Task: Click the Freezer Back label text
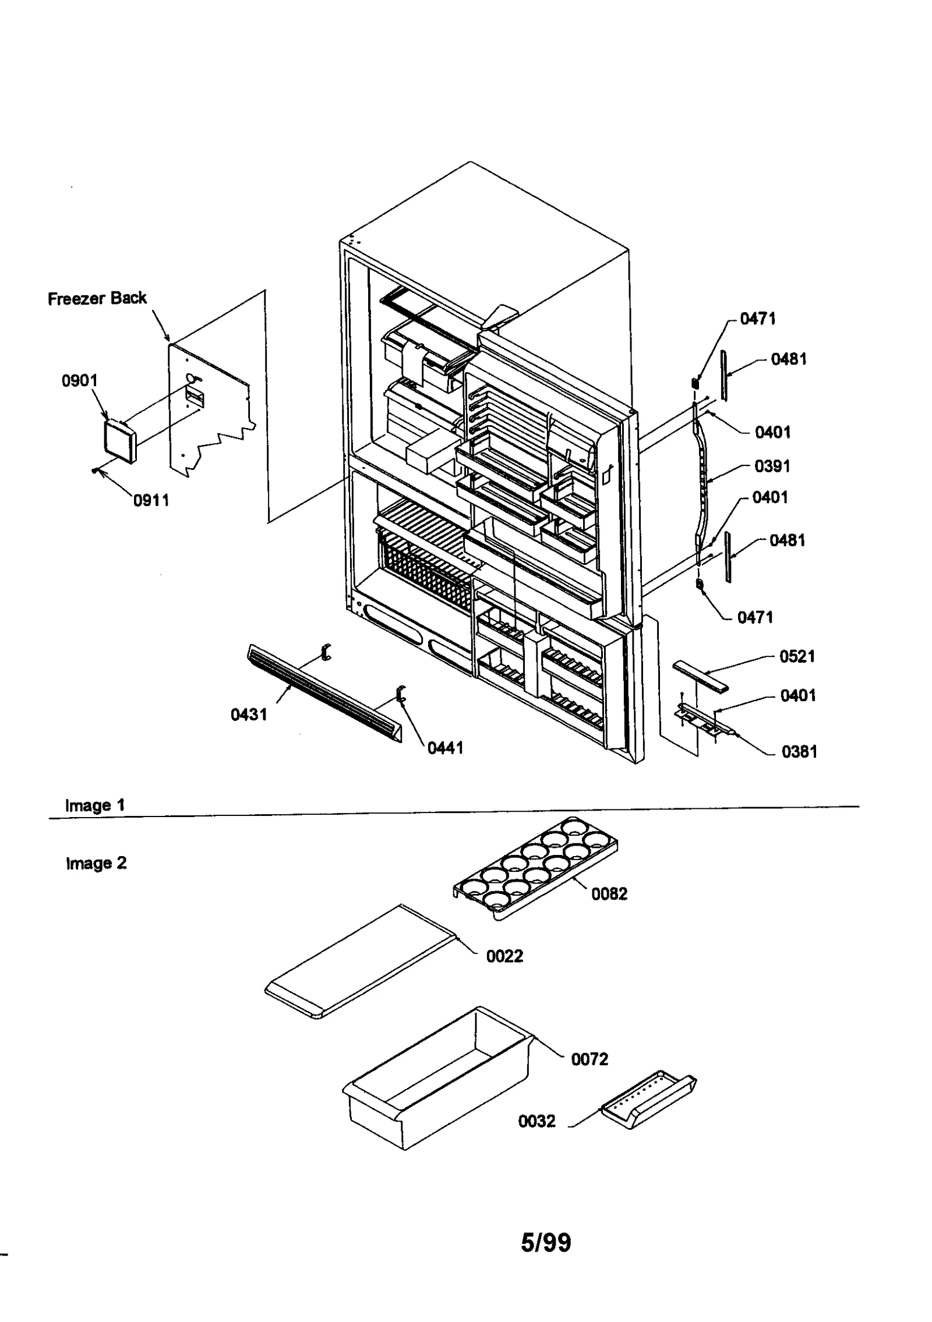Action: (97, 298)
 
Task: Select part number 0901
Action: (80, 381)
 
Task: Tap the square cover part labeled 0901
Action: (119, 441)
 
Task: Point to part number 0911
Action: (151, 500)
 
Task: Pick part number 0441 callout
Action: (445, 748)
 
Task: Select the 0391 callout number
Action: (772, 466)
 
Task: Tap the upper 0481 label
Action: (788, 359)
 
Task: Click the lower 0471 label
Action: (755, 617)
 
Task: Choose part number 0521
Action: (797, 656)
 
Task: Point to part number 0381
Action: (799, 751)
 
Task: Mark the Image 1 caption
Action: (95, 805)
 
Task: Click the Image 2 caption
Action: (96, 863)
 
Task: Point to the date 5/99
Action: (545, 1242)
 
